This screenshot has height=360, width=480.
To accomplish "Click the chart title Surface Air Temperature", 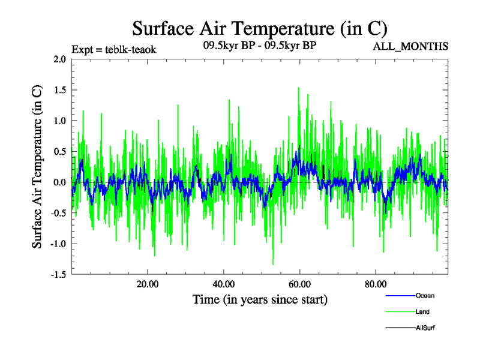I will [x=260, y=29].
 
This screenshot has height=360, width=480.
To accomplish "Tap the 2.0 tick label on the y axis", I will [x=59, y=59].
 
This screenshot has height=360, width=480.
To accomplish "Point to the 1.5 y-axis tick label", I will [x=59, y=90].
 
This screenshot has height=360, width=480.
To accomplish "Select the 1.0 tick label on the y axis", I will [x=59, y=121].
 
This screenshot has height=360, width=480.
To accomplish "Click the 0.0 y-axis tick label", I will [x=59, y=182].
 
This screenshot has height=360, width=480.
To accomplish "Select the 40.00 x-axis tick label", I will [x=223, y=284].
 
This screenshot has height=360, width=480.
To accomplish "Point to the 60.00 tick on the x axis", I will [x=299, y=284].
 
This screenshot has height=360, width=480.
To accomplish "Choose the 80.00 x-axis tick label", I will [x=376, y=284].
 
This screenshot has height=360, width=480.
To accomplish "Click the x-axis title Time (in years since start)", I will [x=260, y=298].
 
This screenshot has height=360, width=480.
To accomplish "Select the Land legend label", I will [x=422, y=311].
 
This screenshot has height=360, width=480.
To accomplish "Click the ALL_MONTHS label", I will [x=411, y=46].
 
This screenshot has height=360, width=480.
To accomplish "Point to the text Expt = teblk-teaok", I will [x=114, y=50].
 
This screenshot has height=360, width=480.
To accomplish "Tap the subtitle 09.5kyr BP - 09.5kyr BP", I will [x=260, y=46].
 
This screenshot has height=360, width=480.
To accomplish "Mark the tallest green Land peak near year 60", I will [x=299, y=88].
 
